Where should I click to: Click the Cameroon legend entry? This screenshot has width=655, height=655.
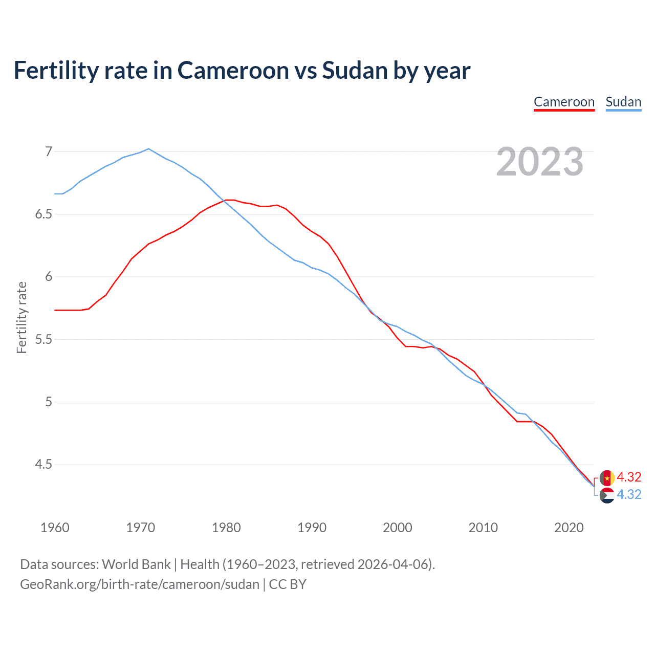564,102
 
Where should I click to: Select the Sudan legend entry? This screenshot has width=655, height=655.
623,102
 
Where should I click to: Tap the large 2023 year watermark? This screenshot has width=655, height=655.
540,162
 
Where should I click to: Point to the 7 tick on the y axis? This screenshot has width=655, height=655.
49,151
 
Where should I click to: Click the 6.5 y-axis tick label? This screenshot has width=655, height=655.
44,214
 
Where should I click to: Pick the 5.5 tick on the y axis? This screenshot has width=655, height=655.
44,339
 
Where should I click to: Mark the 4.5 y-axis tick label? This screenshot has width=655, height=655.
44,465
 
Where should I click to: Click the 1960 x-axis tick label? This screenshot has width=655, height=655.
55,528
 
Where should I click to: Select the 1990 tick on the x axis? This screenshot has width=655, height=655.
312,528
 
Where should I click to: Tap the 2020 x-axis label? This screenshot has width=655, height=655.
569,528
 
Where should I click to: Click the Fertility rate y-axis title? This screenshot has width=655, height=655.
21,317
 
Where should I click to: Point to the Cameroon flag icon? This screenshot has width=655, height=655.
607,478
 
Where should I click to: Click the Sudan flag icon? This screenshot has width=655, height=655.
607,495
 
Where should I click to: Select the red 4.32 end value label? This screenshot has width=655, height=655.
629,477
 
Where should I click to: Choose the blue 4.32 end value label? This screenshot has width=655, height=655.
629,494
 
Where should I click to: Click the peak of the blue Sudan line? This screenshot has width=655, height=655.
148,149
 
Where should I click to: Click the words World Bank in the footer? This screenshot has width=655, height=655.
136,564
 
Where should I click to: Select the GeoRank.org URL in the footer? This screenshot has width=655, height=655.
140,584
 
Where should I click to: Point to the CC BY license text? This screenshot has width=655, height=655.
288,584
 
